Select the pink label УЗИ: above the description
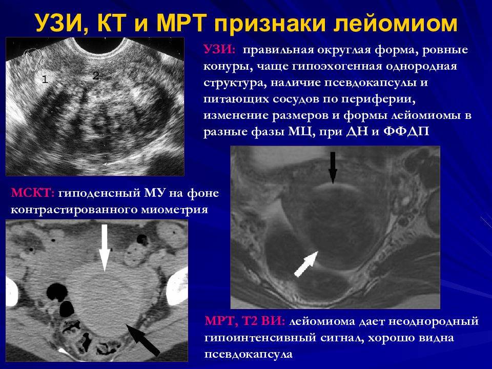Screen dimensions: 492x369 (x=219, y=50)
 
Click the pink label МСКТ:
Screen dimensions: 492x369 (x=33, y=193)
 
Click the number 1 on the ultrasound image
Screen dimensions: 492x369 (x=45, y=79)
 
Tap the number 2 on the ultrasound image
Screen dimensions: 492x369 (x=96, y=76)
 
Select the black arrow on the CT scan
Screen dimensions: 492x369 (x=143, y=340)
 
